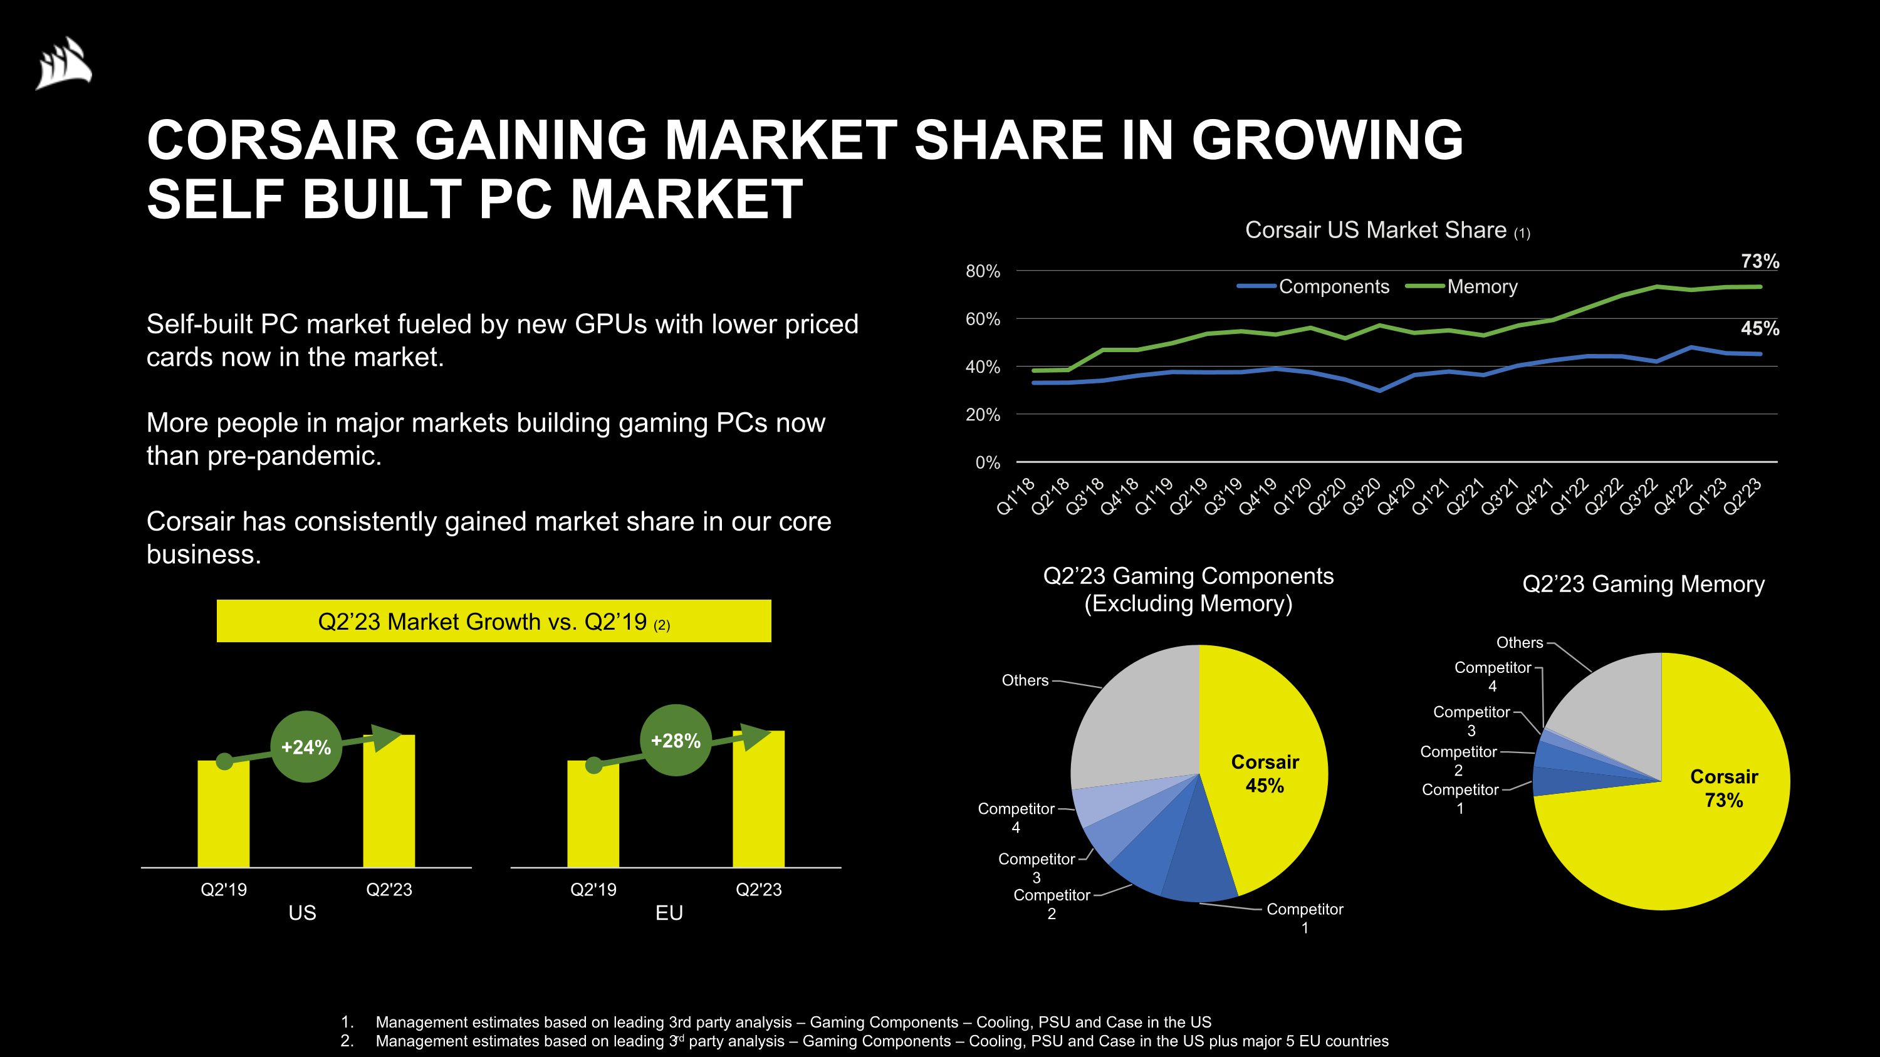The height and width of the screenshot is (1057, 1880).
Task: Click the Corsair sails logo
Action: point(64,64)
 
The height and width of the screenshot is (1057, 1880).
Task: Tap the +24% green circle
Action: point(306,747)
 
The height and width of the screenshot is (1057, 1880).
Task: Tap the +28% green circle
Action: point(675,741)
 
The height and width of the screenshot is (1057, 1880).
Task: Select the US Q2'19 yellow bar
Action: point(223,817)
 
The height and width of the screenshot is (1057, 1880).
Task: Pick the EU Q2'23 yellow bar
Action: point(758,803)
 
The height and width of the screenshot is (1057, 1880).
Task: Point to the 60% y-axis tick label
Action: point(983,320)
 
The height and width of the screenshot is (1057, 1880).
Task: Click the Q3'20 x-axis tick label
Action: point(1362,497)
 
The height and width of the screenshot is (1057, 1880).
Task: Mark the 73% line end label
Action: point(1760,261)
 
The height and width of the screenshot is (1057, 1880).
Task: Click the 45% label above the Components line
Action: point(1760,329)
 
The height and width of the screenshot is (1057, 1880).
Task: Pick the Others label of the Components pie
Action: point(1025,680)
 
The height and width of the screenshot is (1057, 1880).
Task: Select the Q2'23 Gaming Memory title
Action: point(1643,585)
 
